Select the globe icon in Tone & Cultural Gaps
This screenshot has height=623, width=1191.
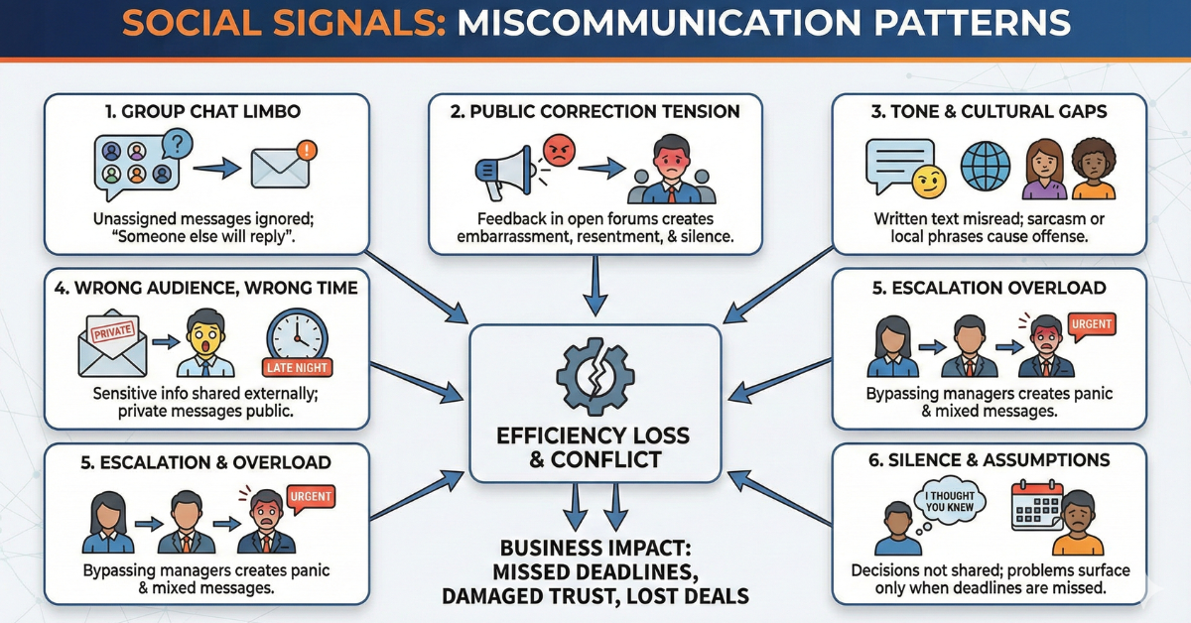(x=986, y=166)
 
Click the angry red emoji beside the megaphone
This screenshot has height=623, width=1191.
(x=558, y=150)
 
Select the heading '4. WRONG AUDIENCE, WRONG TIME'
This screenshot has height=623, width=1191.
(x=206, y=288)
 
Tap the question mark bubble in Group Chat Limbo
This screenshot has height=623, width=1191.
(x=176, y=144)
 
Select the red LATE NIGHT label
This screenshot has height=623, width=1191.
(x=299, y=367)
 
